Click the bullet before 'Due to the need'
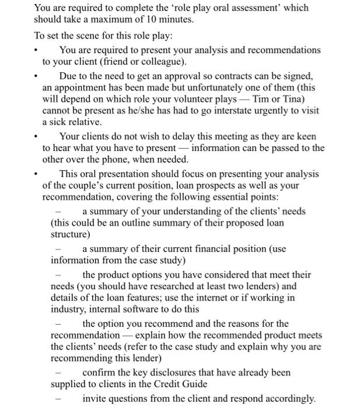coord(36,76)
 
